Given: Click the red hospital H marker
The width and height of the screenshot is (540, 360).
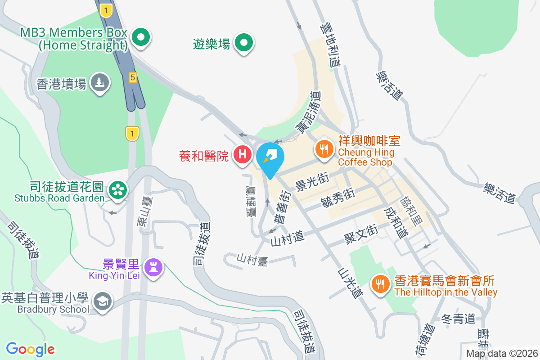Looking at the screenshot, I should click(x=243, y=155).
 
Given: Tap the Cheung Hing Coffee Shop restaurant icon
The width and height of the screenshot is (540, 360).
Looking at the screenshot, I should click(x=324, y=148).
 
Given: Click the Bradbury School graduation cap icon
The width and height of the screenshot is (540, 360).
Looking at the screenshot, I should click(x=103, y=301).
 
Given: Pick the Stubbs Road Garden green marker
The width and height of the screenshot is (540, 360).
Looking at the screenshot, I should click(x=118, y=190).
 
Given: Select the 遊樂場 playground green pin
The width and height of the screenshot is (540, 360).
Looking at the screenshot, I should click(x=244, y=43).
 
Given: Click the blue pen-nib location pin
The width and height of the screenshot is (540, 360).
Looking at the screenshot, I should click(x=270, y=157).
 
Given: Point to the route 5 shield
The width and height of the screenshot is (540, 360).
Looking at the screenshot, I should click(x=132, y=77).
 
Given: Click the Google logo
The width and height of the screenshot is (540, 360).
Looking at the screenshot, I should click(x=31, y=349).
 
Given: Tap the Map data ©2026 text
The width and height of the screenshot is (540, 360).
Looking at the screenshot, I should click(x=501, y=353).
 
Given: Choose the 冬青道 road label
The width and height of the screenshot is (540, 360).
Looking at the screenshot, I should click(x=458, y=319).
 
